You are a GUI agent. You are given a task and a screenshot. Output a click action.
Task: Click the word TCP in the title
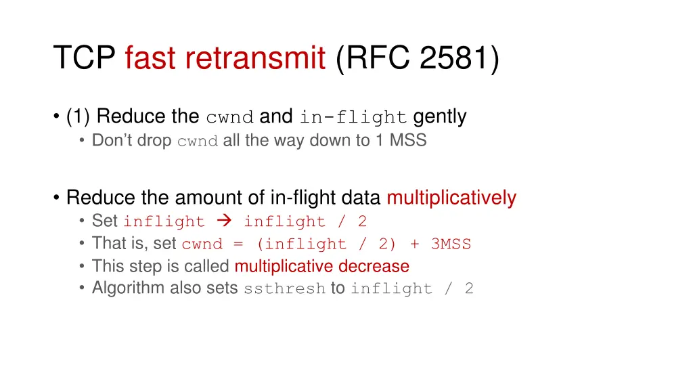coord(85,58)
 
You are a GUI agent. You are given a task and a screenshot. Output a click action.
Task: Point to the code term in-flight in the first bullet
coord(353,118)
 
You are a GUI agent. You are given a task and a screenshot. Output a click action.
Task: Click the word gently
coord(440,117)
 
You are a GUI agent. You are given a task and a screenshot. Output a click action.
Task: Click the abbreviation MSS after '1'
coord(408,141)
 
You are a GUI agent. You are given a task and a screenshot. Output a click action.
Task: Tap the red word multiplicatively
coord(451,198)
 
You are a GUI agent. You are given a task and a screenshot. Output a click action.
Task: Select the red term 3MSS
coord(451,244)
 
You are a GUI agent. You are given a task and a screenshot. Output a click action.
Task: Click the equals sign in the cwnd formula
coord(238,244)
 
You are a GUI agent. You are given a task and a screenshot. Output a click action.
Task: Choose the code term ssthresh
coord(285,289)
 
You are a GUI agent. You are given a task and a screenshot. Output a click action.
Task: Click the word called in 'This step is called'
coord(210,266)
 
